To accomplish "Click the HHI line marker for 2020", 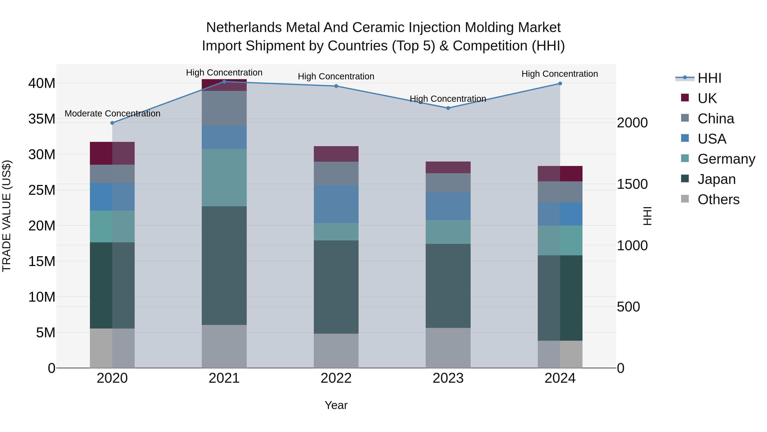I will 112,123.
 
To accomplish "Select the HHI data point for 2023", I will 448,108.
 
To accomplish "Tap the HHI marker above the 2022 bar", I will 336,86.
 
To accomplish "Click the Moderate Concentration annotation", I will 112,113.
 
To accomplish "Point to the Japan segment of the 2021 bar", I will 224,265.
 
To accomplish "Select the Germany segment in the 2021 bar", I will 224,177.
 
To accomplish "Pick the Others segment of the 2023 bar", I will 448,348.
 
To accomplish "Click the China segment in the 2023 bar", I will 448,183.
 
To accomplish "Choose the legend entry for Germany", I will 726,159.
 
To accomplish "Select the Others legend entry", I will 718,199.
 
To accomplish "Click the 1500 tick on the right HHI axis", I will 632,184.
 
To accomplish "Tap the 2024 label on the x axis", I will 560,378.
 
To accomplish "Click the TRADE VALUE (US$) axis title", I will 7,216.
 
